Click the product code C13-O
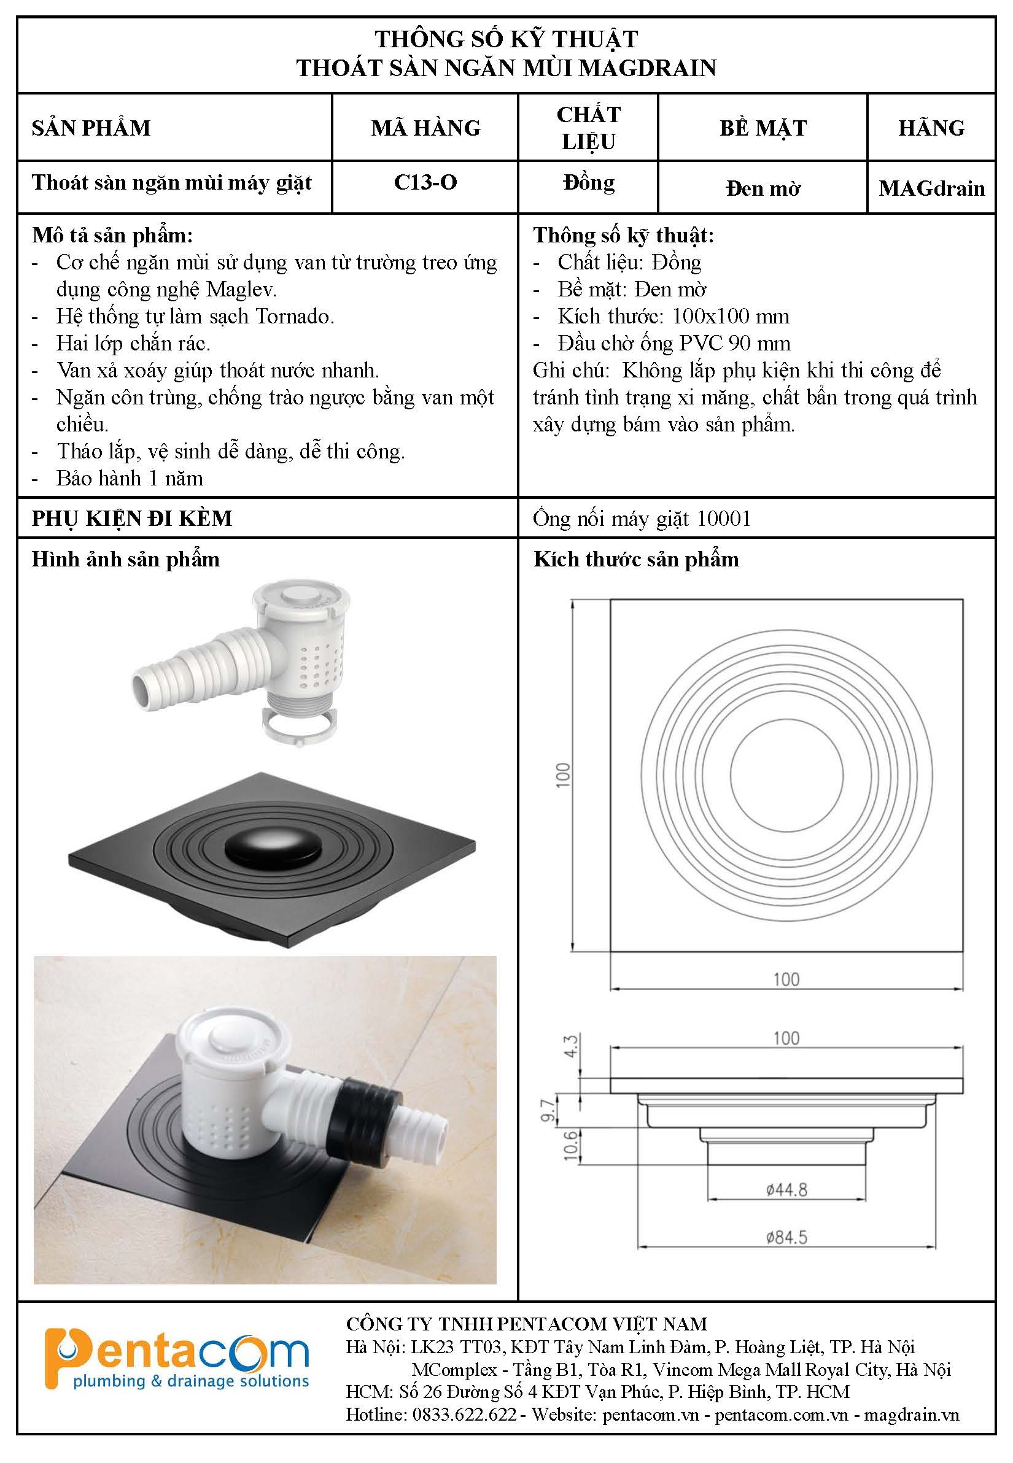tap(425, 182)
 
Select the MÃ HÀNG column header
tap(426, 128)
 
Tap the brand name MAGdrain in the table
tap(932, 188)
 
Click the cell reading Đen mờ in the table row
tap(763, 188)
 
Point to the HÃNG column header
tap(932, 128)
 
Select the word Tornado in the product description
tap(295, 316)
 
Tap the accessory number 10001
tap(724, 519)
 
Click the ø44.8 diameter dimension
tap(786, 1189)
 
